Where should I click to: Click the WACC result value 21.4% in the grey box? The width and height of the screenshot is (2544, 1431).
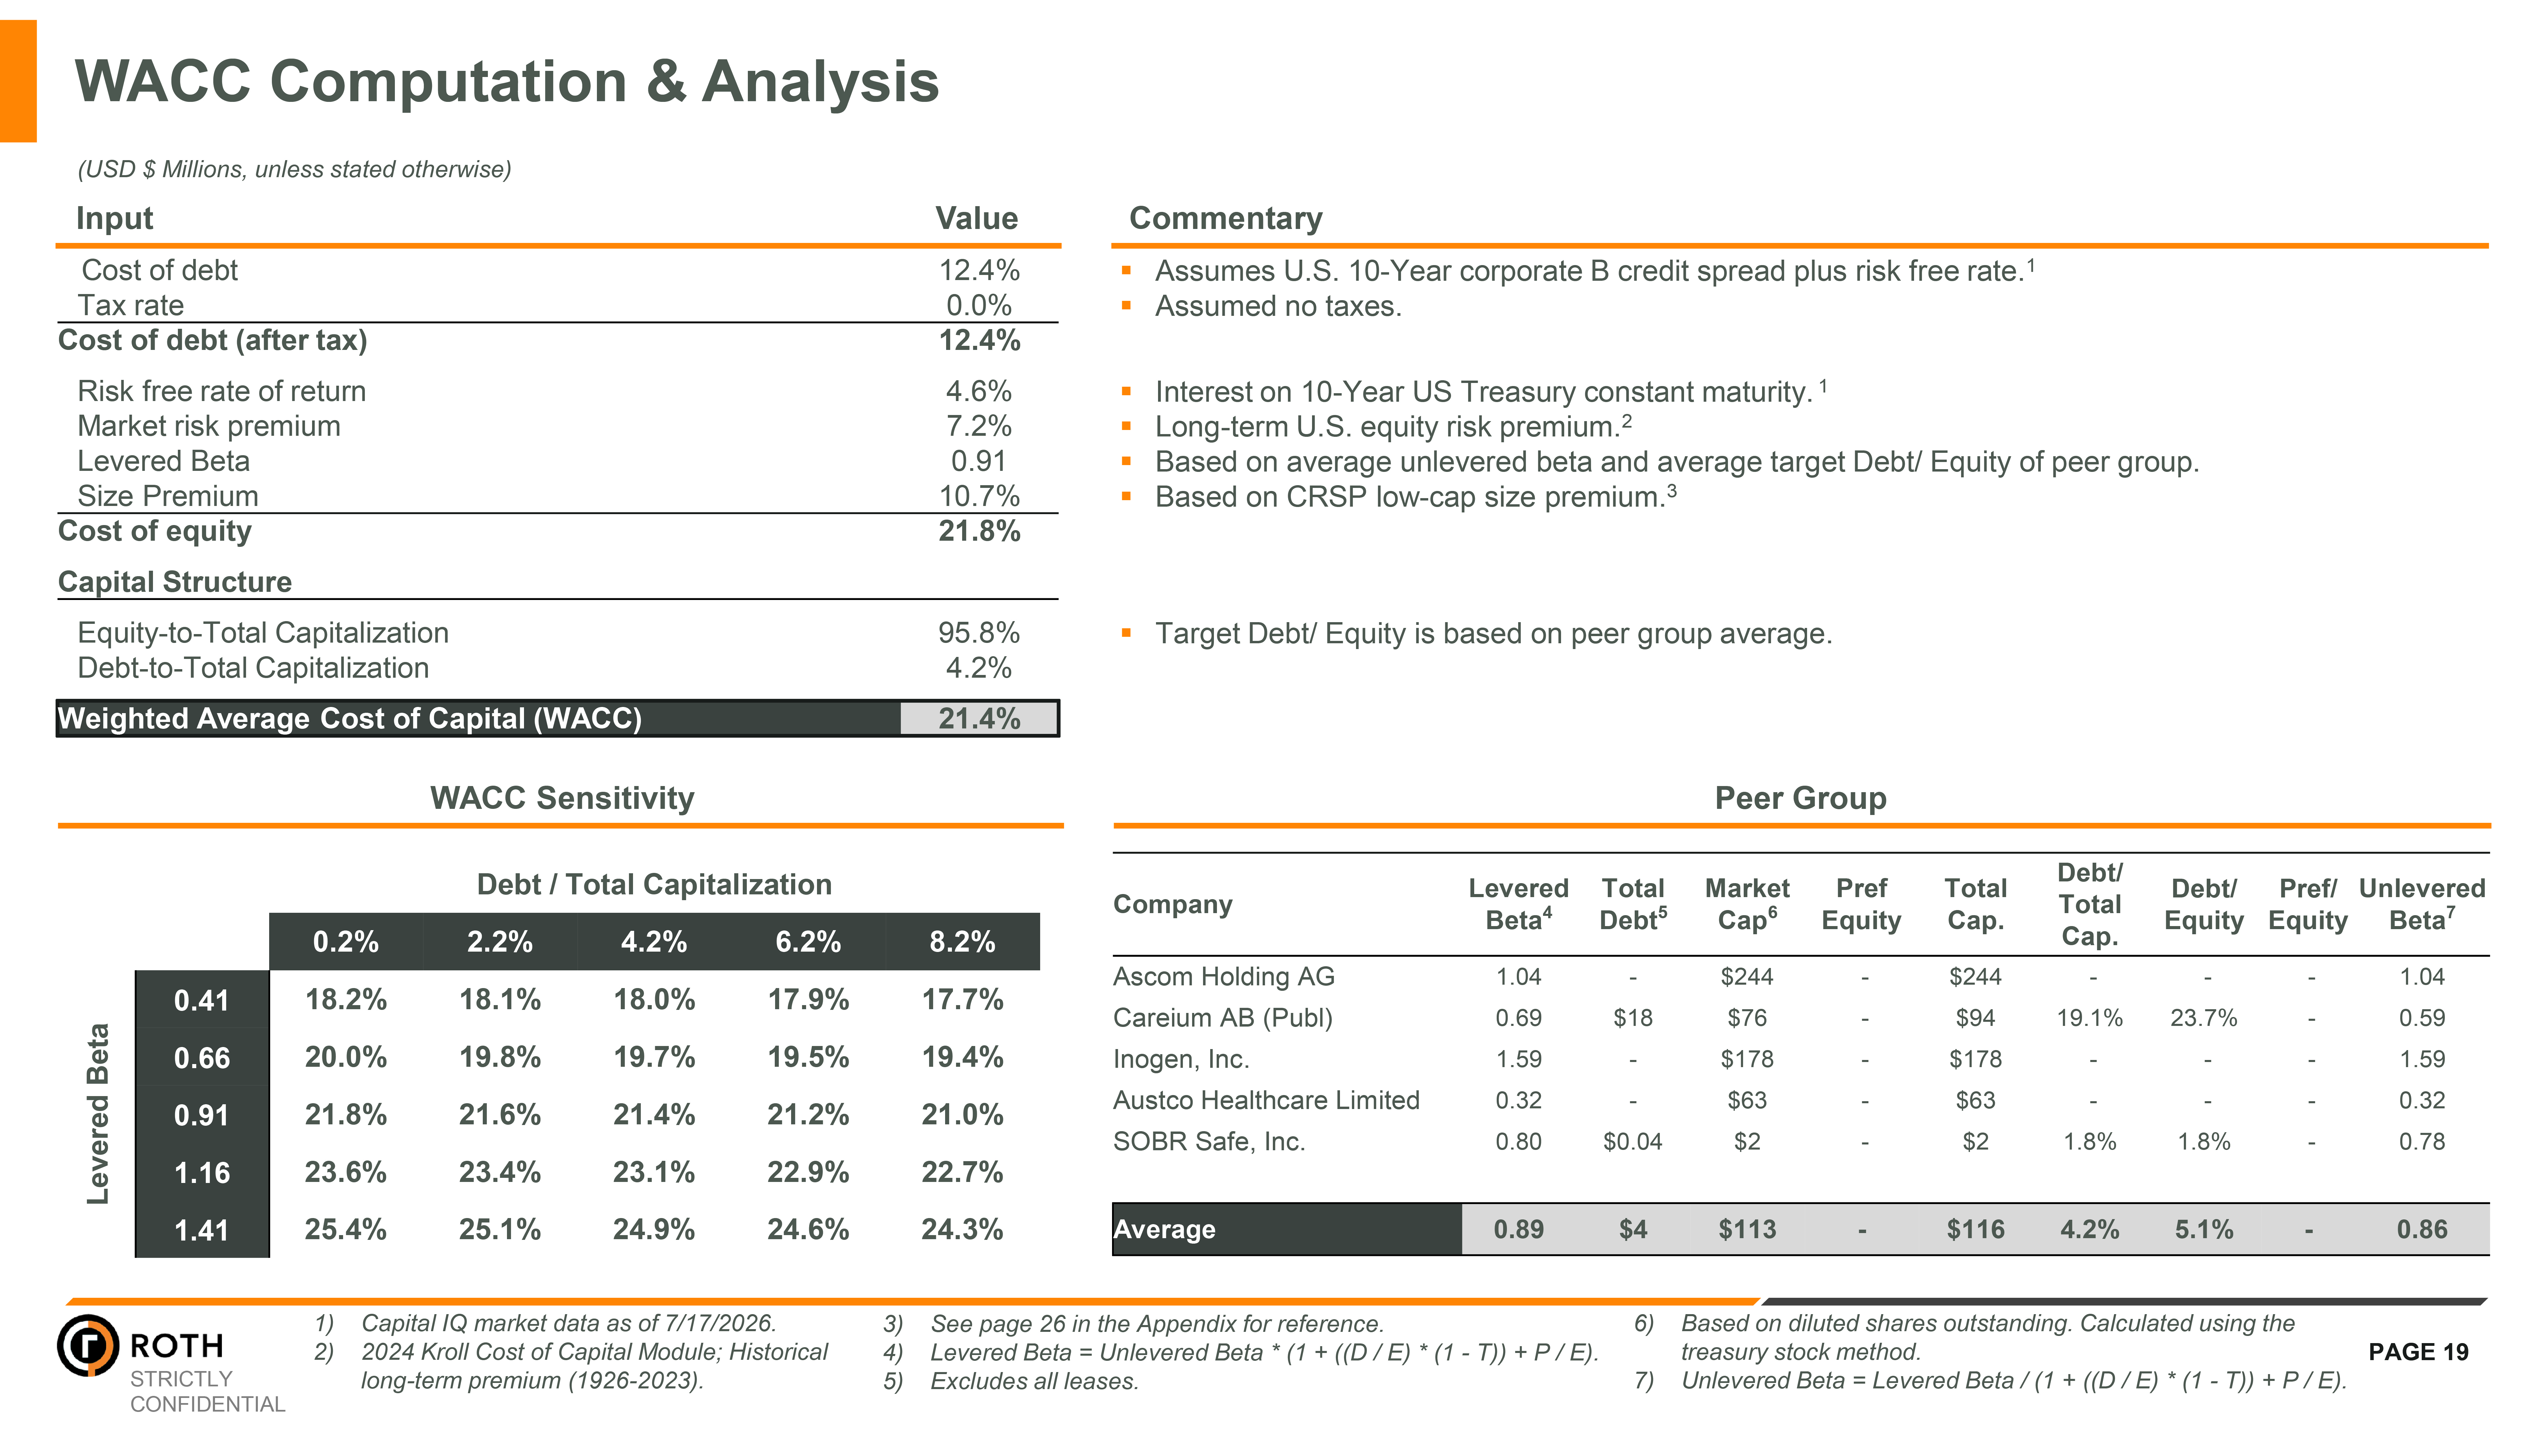point(979,719)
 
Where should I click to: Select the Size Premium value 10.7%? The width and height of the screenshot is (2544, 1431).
point(979,496)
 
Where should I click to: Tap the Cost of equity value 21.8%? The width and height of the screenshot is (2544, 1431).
point(979,531)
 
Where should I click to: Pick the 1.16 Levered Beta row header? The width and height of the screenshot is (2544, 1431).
point(201,1173)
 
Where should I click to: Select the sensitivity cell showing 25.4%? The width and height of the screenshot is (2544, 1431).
point(346,1230)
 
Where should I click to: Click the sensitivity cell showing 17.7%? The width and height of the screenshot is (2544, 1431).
point(962,999)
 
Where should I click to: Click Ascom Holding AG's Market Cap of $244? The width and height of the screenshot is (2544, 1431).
point(1747,977)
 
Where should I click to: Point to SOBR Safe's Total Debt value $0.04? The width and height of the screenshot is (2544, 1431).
point(1633,1142)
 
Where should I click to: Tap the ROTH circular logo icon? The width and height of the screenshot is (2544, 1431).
point(88,1345)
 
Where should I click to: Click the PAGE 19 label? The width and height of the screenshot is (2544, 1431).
point(2418,1352)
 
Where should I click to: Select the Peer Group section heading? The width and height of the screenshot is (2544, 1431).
point(1800,798)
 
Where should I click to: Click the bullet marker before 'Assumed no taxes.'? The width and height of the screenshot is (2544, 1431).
point(1126,306)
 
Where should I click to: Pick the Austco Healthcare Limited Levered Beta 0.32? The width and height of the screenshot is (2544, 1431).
point(1518,1100)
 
